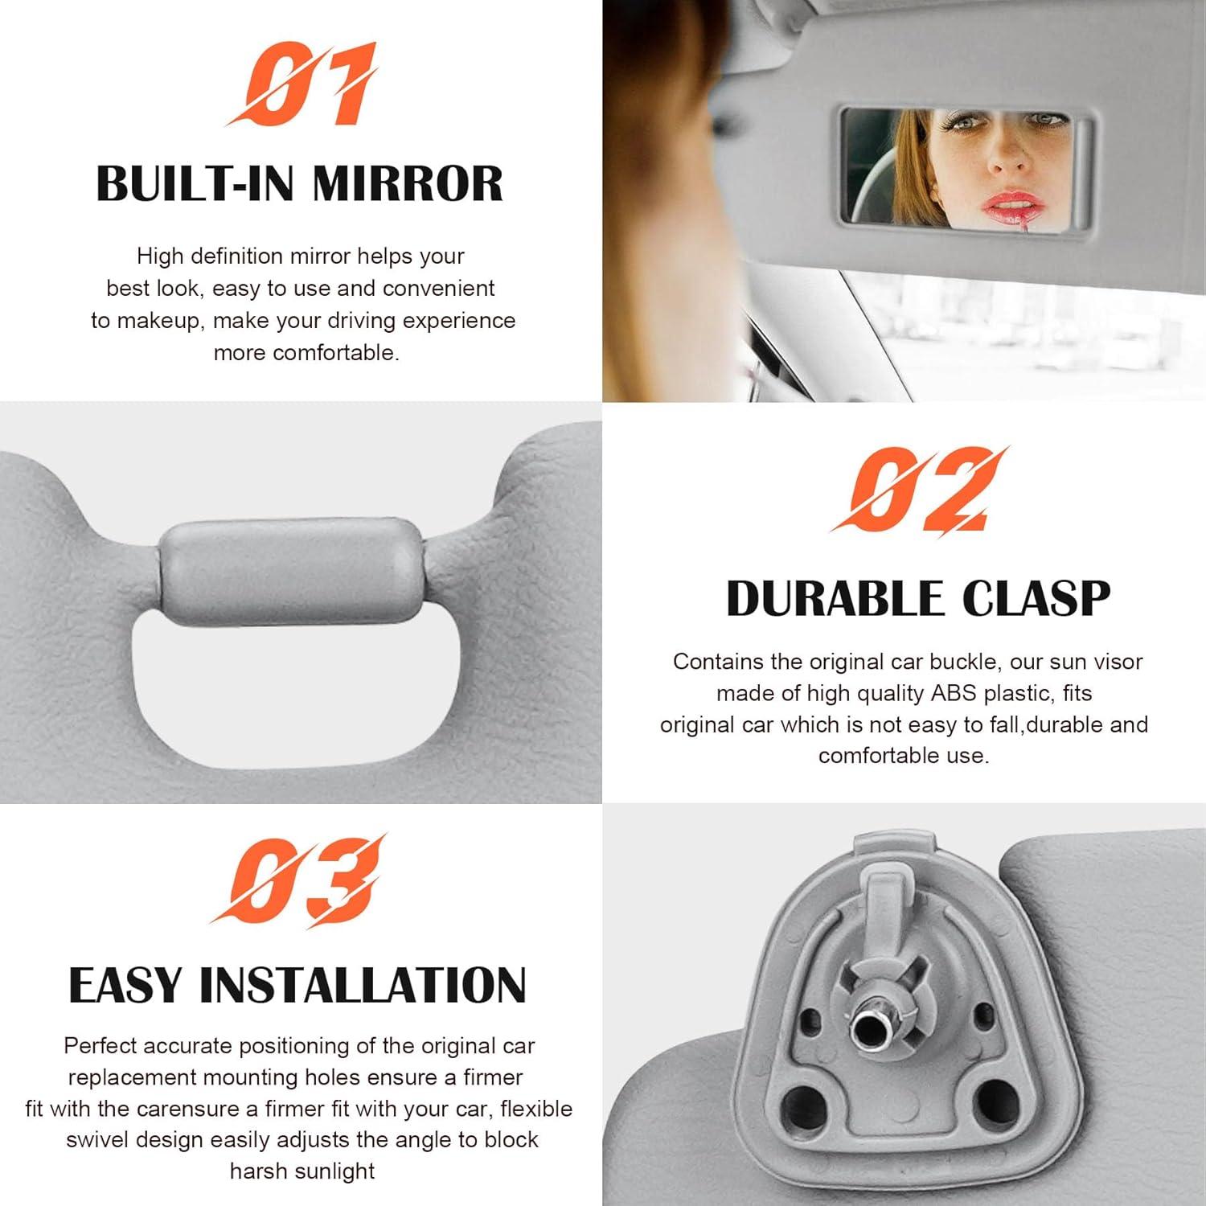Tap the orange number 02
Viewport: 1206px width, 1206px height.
918,490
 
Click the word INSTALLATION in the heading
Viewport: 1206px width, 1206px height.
362,986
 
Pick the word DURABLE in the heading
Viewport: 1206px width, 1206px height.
834,599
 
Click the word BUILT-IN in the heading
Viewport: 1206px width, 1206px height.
198,184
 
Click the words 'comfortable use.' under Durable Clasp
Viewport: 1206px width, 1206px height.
903,756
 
